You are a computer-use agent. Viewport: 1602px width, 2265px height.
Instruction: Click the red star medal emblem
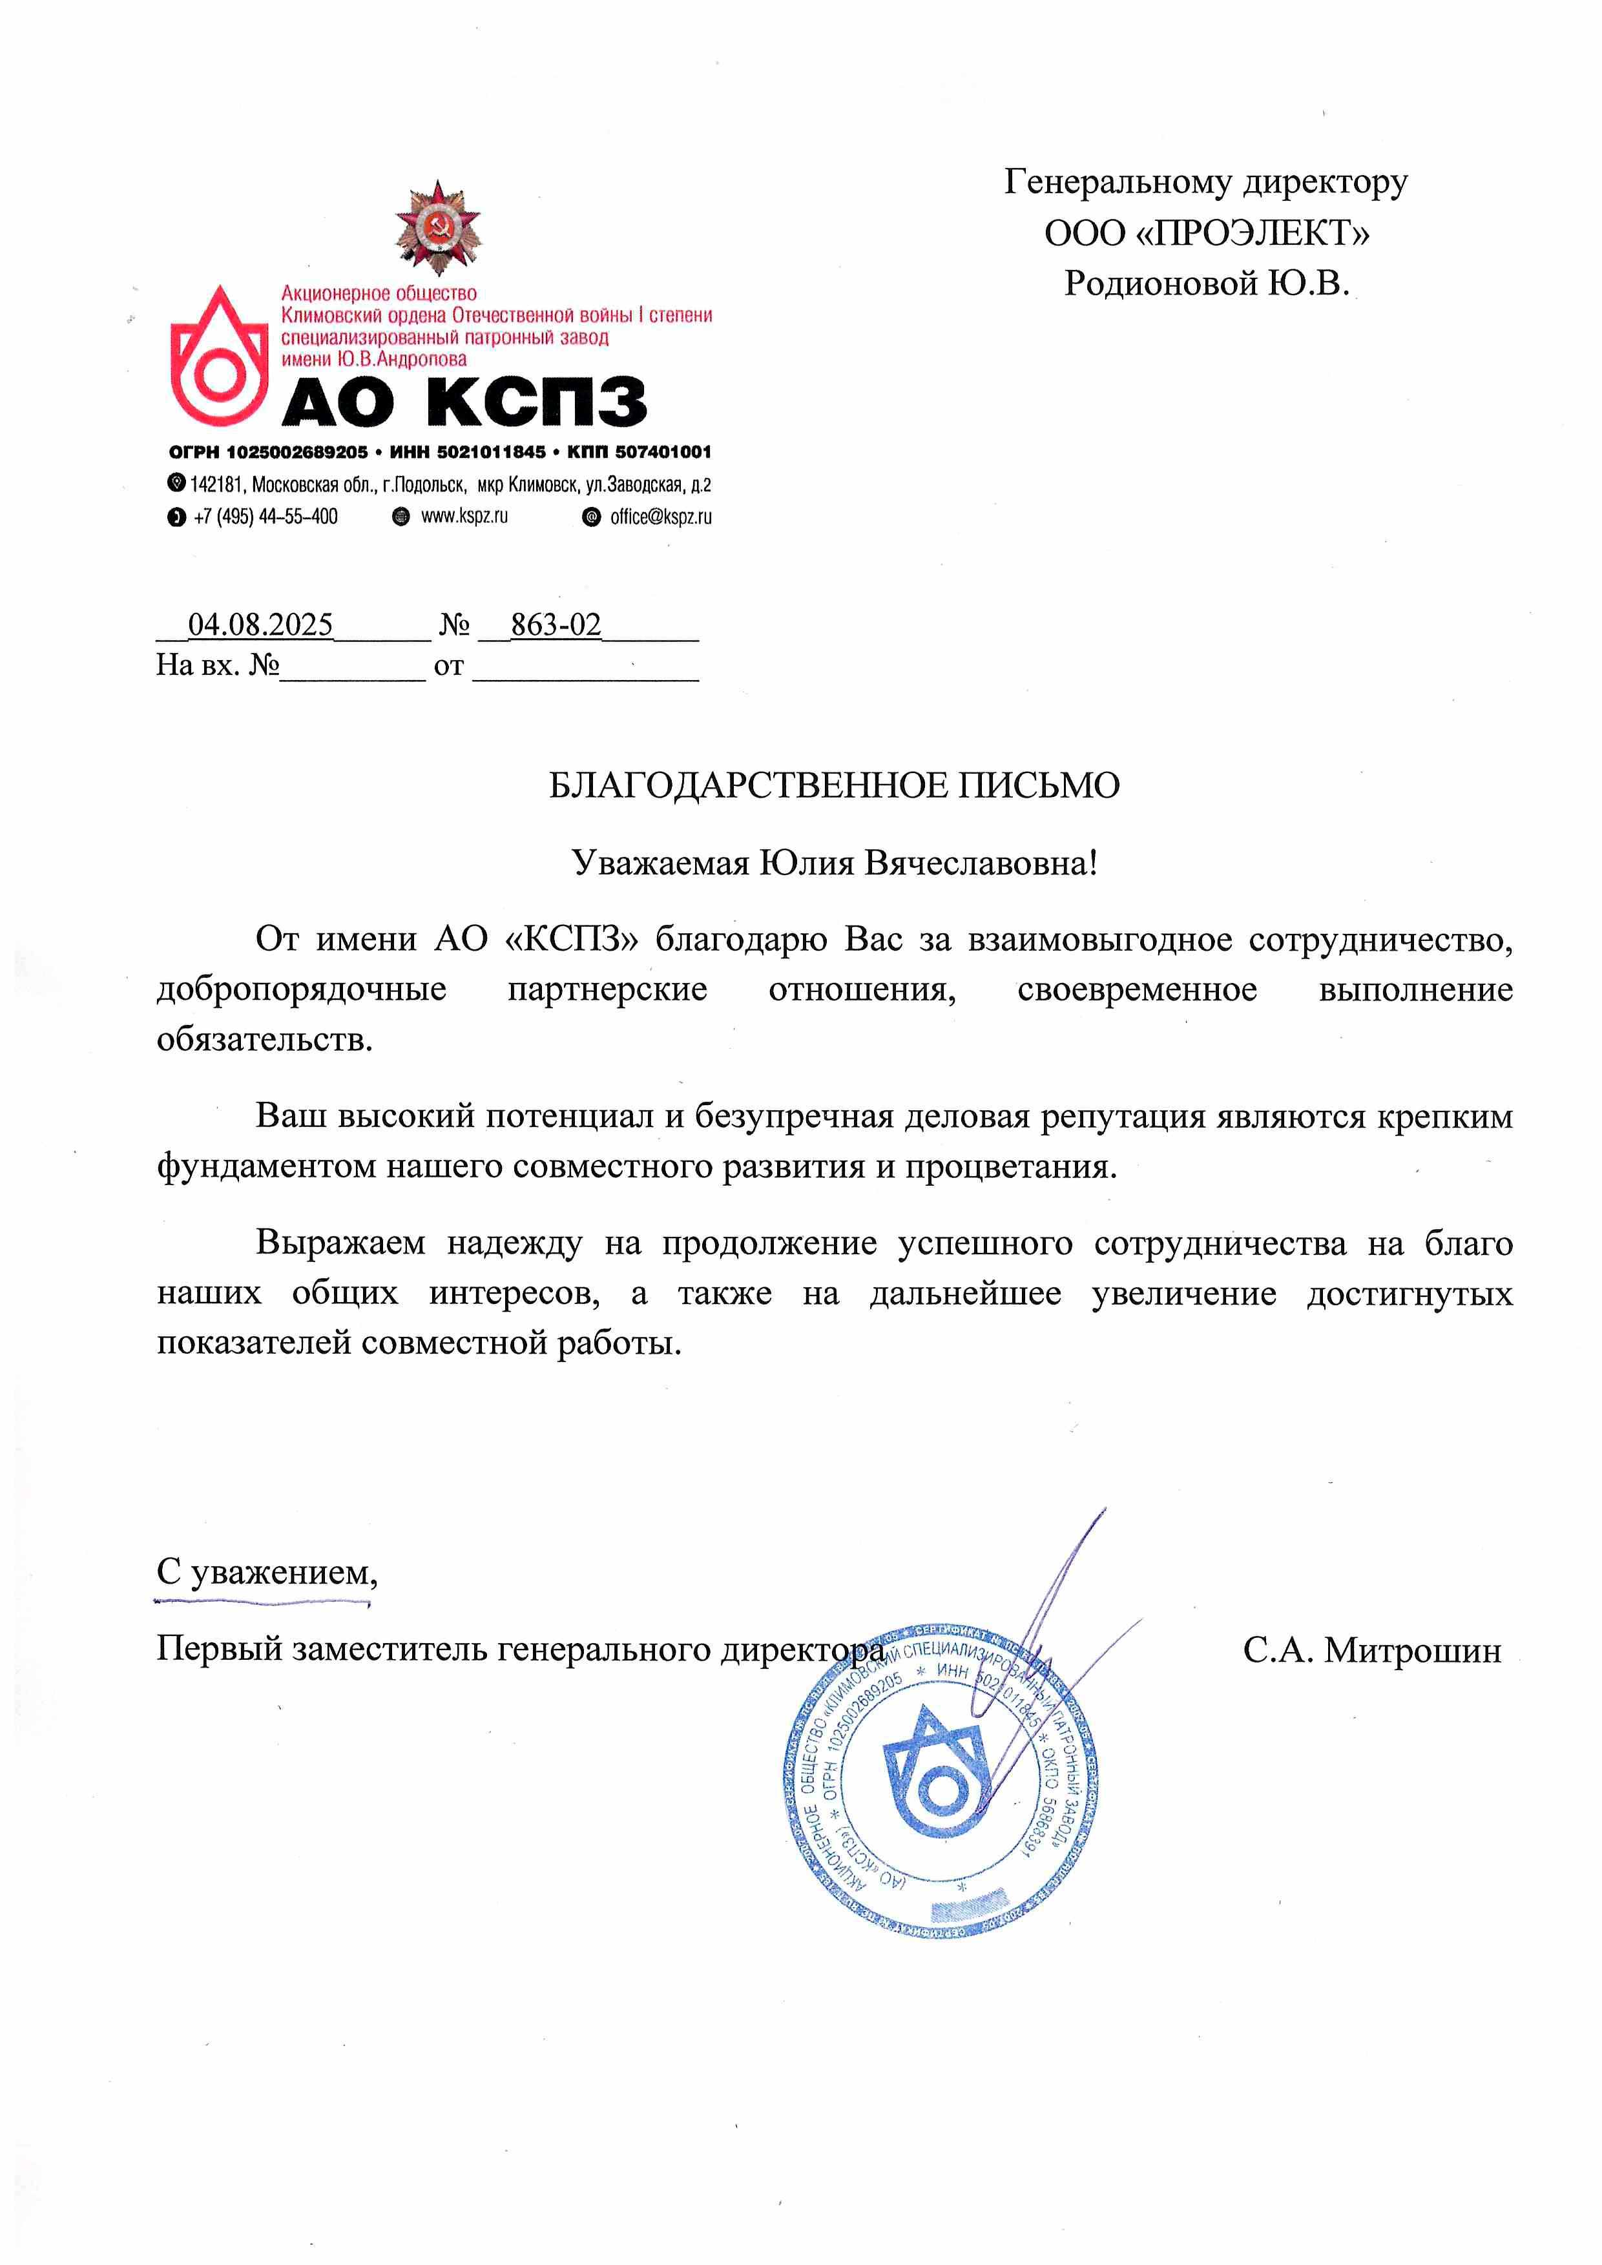(x=438, y=227)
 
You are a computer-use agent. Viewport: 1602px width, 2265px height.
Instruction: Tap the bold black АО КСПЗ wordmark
(x=464, y=402)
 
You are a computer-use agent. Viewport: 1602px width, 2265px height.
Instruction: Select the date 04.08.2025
(x=260, y=625)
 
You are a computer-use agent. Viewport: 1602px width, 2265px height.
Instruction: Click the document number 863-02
(x=556, y=625)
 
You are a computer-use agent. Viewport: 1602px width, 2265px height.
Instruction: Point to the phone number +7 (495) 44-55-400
(x=265, y=517)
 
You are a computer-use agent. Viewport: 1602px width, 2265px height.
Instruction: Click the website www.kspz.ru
(x=464, y=516)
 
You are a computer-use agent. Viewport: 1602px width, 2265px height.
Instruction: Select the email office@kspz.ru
(x=660, y=517)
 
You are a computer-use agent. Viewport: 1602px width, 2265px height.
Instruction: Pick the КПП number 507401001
(x=662, y=452)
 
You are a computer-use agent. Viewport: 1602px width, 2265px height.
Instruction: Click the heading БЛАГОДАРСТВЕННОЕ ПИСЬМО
(x=833, y=785)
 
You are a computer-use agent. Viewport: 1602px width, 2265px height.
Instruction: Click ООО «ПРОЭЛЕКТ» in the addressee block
(x=1207, y=234)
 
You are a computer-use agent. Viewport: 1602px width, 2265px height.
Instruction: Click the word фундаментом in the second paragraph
(x=265, y=1167)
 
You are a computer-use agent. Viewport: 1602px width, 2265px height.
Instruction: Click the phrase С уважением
(x=266, y=1571)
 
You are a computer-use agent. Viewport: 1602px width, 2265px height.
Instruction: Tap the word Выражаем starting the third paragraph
(x=340, y=1243)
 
